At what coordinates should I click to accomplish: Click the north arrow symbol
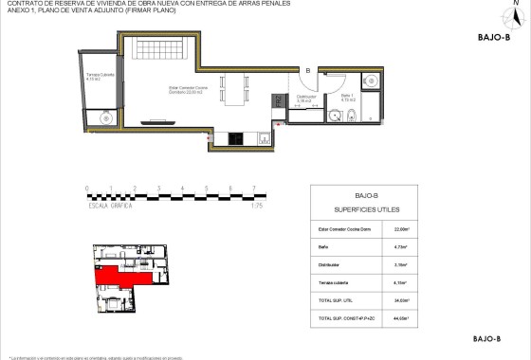point(516,13)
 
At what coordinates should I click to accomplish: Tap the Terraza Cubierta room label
point(100,77)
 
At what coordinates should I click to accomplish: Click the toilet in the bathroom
point(351,117)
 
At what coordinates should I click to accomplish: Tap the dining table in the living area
point(231,91)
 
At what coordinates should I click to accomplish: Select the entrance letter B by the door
point(307,70)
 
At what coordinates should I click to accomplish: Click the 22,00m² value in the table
point(400,229)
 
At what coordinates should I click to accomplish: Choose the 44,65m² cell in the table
point(400,317)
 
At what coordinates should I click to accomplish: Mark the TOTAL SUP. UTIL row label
point(337,299)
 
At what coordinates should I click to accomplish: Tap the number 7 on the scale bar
point(252,189)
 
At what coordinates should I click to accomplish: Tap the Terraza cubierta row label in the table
point(337,282)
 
